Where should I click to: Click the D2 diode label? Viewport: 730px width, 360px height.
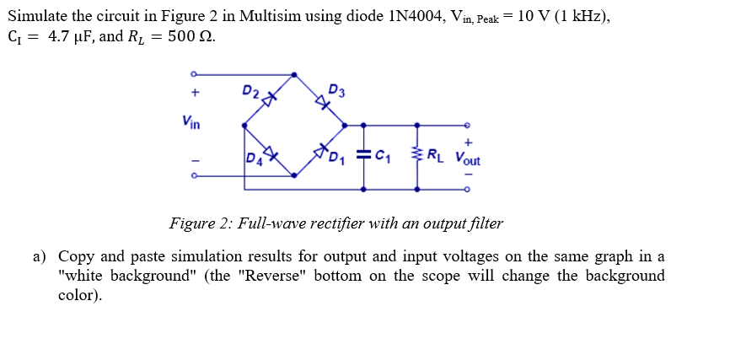[250, 90]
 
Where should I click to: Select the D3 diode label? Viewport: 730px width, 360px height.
[335, 89]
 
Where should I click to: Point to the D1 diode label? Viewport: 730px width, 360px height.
[337, 157]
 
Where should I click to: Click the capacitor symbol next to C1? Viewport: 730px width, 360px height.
[364, 155]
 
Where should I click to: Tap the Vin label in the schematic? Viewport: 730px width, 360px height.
[191, 122]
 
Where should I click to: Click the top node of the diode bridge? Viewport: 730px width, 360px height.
[294, 75]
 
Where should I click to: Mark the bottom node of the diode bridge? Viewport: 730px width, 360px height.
[294, 176]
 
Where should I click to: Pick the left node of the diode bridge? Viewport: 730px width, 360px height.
[244, 126]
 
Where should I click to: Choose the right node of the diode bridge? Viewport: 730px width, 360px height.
[345, 126]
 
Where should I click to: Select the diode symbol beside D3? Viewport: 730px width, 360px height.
[321, 102]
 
